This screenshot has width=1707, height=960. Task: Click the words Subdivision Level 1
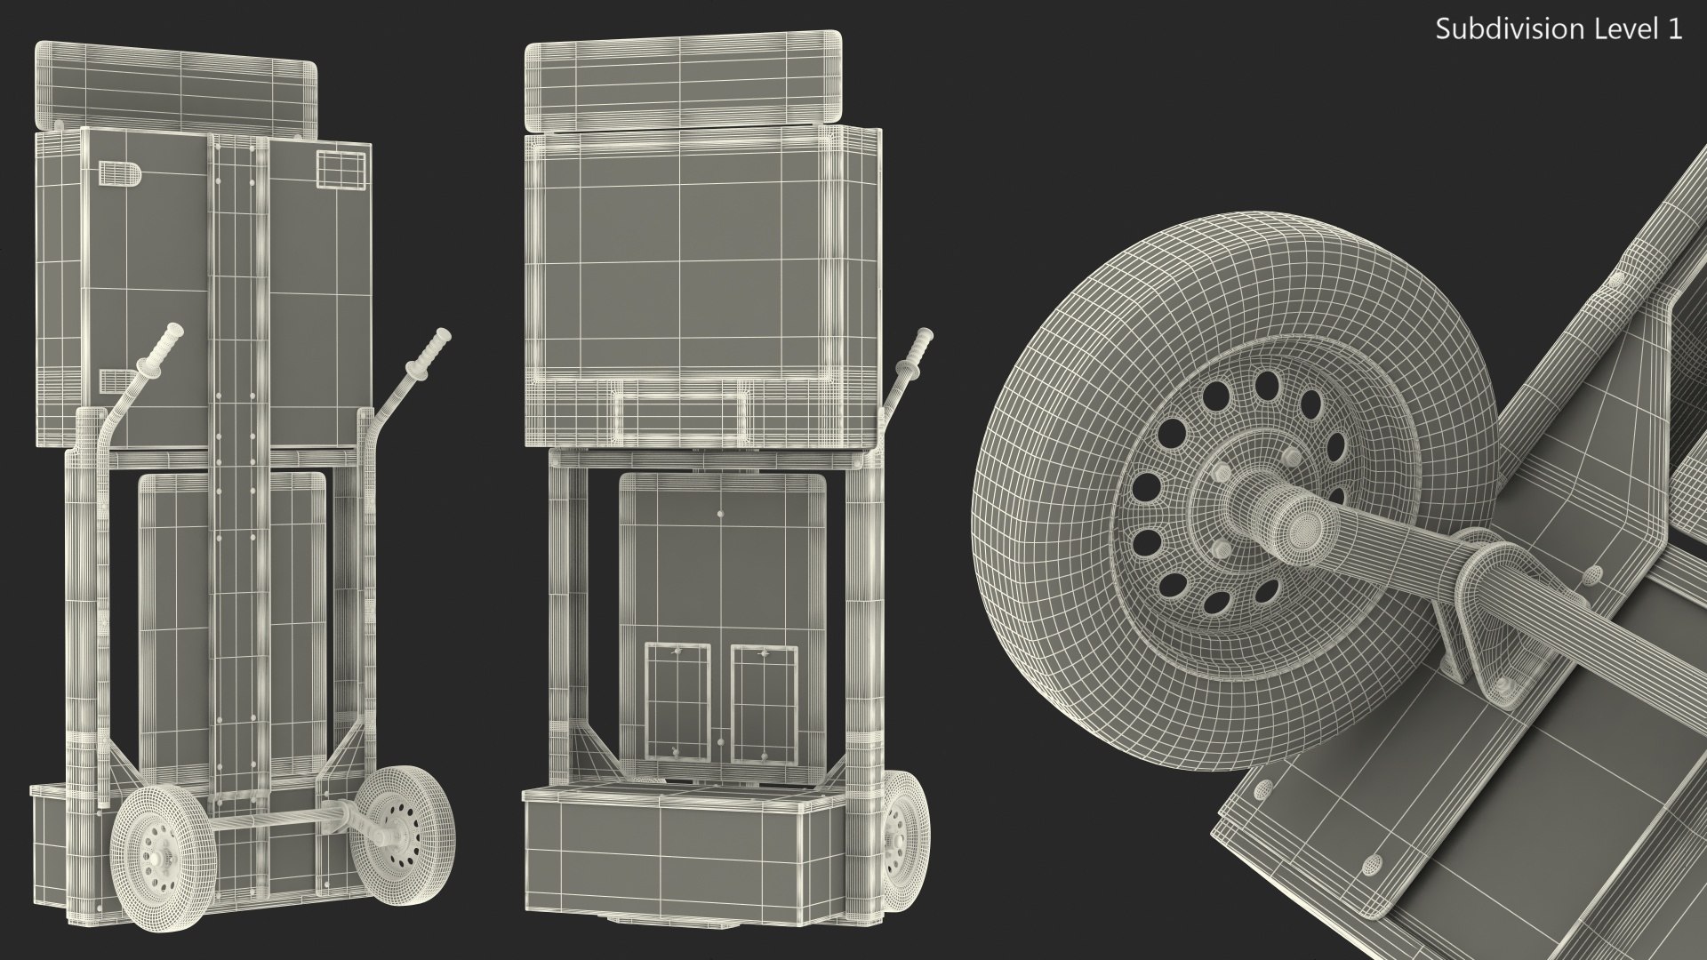[x=1559, y=29]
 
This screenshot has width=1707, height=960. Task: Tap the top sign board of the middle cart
[x=683, y=80]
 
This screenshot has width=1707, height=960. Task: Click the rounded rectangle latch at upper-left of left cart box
[x=117, y=174]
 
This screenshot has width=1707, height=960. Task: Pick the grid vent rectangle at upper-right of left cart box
[x=341, y=169]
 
